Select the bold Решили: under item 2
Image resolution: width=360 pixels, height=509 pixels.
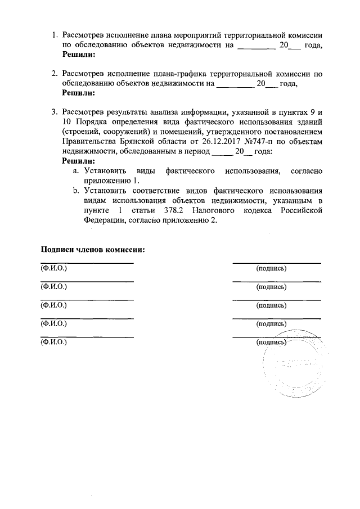tap(78, 93)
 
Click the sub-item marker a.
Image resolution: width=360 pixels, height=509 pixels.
tap(75, 170)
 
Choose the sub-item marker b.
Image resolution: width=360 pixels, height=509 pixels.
tap(75, 191)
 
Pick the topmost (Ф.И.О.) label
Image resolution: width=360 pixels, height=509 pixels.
tap(53, 268)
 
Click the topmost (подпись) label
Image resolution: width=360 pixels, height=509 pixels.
tap(271, 268)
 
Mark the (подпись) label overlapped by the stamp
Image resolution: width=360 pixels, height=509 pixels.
tap(271, 342)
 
